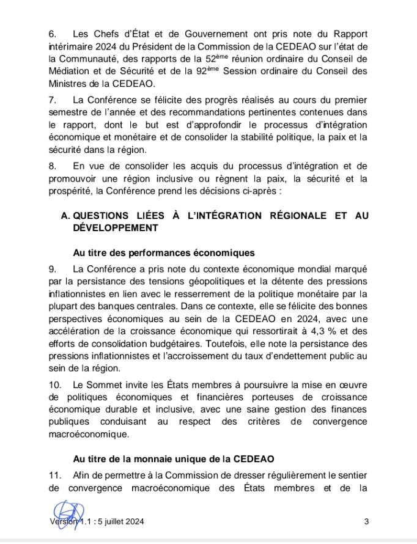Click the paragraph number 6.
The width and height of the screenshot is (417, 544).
point(52,33)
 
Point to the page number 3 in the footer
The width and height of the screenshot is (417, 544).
point(366,521)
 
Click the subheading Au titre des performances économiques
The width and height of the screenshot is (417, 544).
point(163,253)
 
